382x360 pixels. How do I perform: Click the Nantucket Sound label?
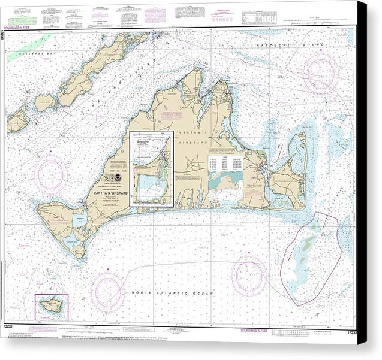coord(289,46)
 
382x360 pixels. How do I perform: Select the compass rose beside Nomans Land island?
coord(108,291)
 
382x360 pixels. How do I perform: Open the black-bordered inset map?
coord(152,169)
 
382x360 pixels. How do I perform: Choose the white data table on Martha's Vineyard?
coord(225,164)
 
